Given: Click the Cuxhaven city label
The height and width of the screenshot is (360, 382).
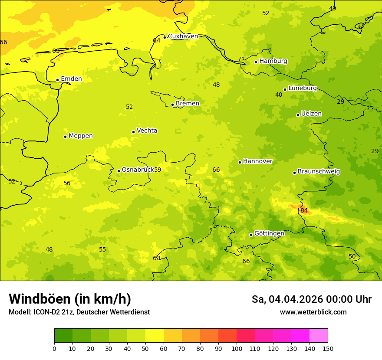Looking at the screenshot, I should click(183, 36).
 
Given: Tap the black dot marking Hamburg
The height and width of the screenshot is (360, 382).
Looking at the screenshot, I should click(256, 62).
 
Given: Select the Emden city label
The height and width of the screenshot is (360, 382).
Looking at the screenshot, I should click(71, 79).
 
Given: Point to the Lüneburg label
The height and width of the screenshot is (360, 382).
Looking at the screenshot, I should click(302, 88).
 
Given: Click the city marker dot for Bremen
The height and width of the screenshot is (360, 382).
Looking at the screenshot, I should click(172, 105).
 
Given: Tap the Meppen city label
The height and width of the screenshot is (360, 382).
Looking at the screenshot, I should click(80, 136).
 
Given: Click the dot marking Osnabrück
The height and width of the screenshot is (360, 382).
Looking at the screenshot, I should click(119, 171).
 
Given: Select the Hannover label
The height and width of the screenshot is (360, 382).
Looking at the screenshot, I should click(257, 161).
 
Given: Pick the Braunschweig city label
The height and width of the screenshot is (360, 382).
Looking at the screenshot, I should click(319, 172).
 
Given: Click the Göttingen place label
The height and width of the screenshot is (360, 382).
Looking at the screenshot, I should click(269, 234).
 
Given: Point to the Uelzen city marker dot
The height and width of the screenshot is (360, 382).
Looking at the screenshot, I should click(298, 115).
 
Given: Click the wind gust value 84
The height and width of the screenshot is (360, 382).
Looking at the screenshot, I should click(304, 211).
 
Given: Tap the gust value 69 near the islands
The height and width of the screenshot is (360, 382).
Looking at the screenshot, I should click(56, 51).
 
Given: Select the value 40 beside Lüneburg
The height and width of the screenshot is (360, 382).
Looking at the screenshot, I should click(279, 95).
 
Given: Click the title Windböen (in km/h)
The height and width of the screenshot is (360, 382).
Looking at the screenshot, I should click(70, 299).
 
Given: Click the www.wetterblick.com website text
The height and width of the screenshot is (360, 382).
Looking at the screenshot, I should click(313, 312).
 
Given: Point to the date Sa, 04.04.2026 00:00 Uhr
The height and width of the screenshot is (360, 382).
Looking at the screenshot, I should click(311, 299).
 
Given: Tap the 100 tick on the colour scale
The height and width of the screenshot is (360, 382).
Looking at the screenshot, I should click(237, 348).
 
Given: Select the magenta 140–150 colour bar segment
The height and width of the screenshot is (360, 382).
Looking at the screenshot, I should click(319, 335).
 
